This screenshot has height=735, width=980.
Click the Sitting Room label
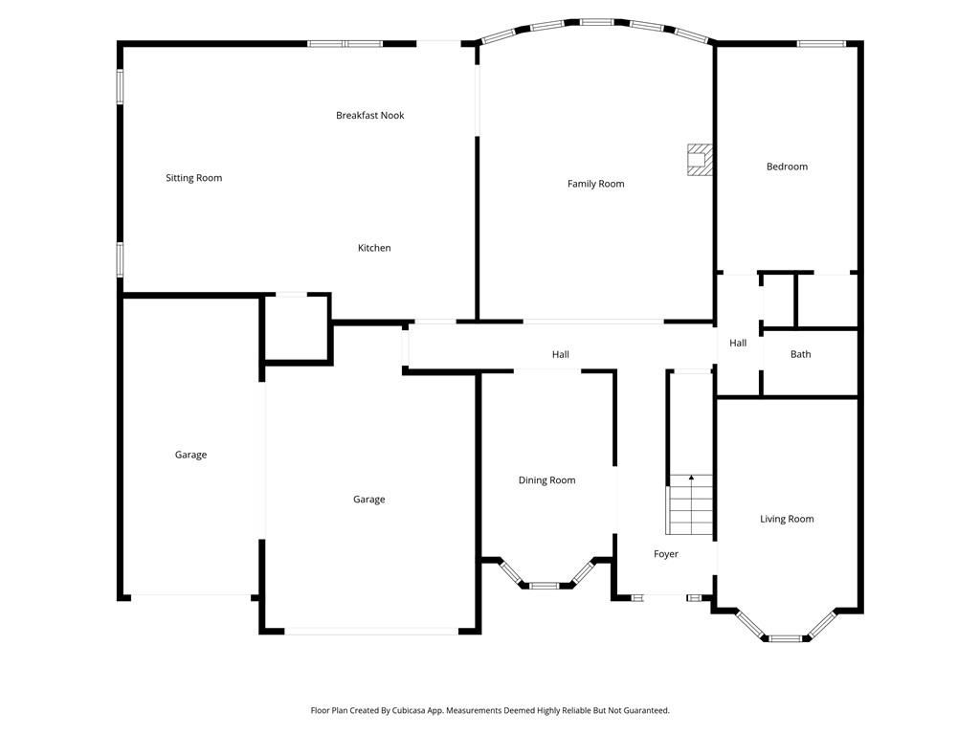point(193,178)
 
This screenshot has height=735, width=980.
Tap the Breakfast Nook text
point(369,116)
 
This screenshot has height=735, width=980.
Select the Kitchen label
point(374,248)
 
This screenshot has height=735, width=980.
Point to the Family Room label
point(595,184)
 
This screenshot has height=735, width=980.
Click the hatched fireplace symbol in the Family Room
point(701,160)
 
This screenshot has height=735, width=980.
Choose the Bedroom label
point(787,167)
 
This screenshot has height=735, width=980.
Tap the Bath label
point(800,354)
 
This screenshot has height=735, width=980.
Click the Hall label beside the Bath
point(738,343)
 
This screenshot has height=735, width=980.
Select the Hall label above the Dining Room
point(561,355)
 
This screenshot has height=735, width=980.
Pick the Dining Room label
point(546,480)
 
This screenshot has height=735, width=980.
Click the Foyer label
point(666,554)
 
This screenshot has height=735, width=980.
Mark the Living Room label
point(787,519)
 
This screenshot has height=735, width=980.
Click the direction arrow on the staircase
point(691,478)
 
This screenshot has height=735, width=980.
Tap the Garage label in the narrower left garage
point(190,455)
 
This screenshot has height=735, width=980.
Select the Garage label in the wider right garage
point(368,500)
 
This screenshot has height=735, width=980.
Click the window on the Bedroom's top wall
point(821,43)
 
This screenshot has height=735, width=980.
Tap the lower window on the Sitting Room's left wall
point(120,258)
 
